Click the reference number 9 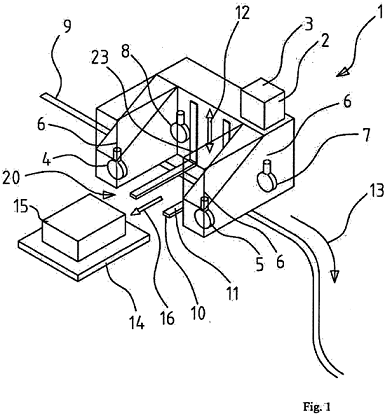point(67,27)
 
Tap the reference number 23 point(99,57)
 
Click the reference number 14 point(136,322)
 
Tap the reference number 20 point(12,178)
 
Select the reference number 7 point(366,137)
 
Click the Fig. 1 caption point(317,406)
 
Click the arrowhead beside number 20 point(109,194)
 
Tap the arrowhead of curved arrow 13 point(335,276)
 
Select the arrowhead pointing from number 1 point(342,71)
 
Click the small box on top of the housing point(263,103)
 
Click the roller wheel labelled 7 point(267,177)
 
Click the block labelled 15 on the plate point(83,227)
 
